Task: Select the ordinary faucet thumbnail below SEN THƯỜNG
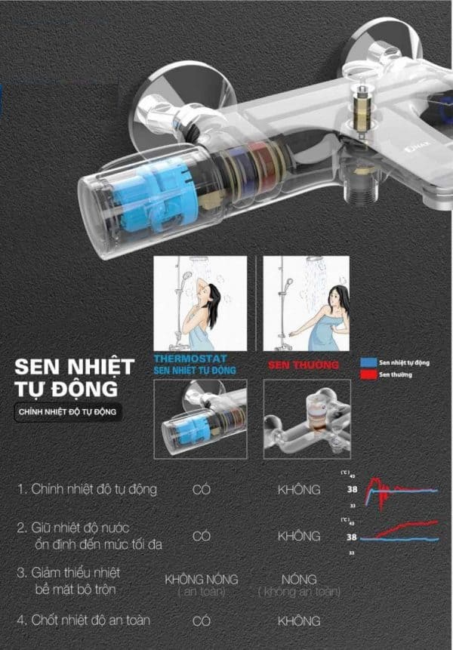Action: tap(306, 419)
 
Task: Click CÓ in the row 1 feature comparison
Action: tap(202, 490)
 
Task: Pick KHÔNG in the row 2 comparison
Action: tap(299, 536)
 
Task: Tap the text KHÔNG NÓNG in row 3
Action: tap(201, 579)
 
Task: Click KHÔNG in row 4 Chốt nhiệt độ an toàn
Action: tap(299, 621)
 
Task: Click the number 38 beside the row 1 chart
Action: tap(352, 490)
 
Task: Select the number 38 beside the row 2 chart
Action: tap(352, 538)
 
